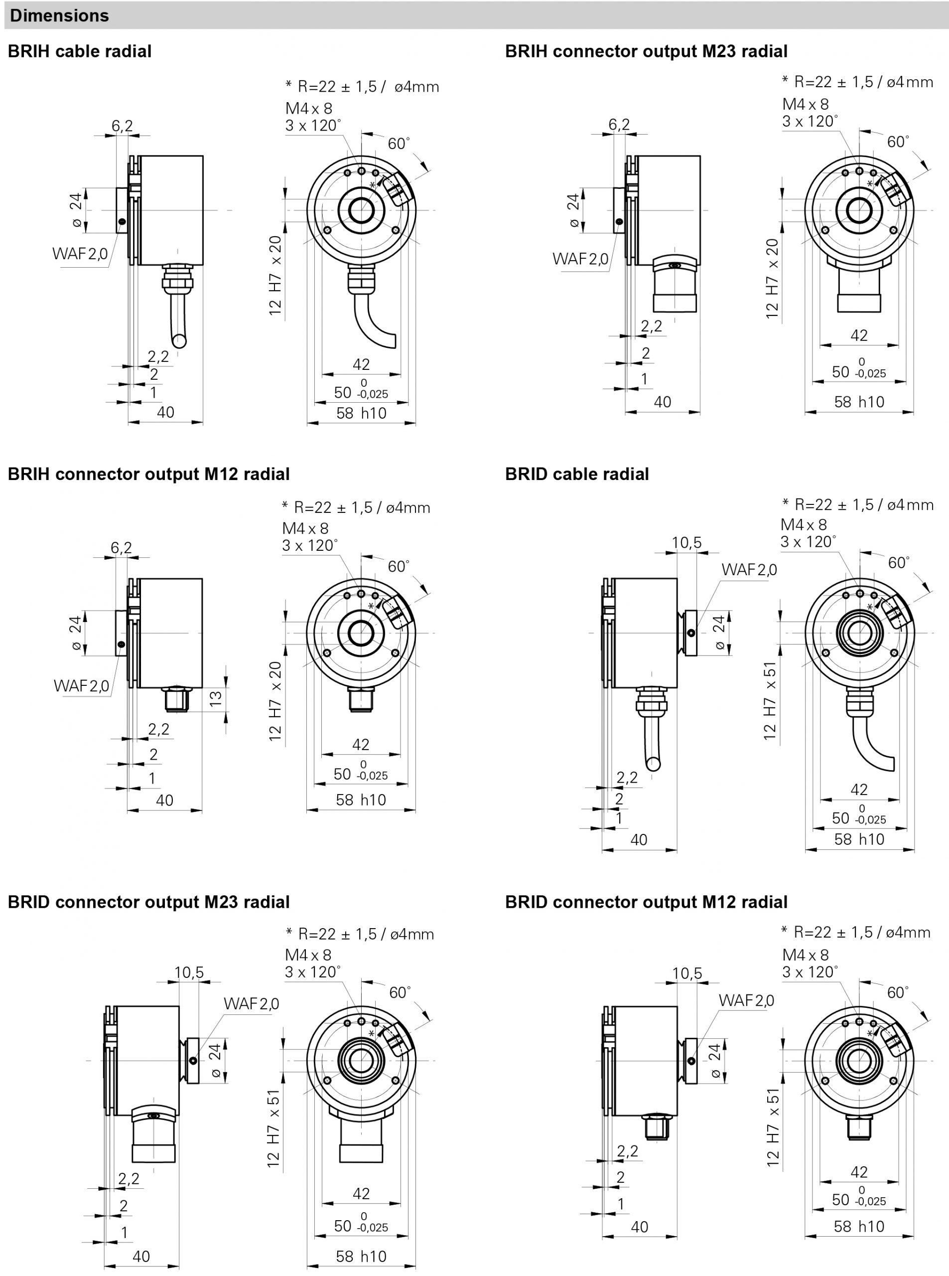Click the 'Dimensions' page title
point(59,15)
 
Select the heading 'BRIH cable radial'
point(80,51)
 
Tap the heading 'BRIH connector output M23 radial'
point(646,51)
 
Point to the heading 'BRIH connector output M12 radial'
point(149,474)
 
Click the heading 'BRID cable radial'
point(577,474)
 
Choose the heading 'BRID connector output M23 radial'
point(149,902)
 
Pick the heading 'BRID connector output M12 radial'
point(646,902)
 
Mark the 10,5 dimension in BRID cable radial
point(687,543)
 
